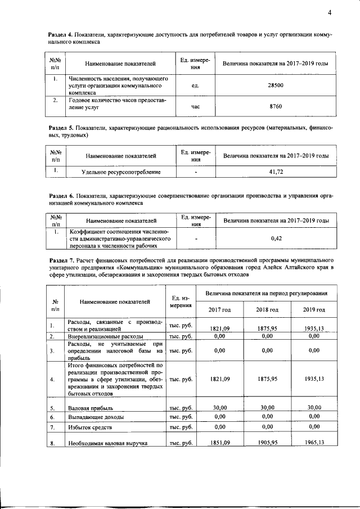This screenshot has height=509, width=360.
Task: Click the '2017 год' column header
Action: pos(219,310)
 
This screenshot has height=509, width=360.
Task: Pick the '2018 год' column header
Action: pos(267,310)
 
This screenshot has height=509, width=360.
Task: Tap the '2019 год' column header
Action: pos(314,310)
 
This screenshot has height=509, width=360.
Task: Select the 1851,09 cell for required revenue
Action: pos(219,443)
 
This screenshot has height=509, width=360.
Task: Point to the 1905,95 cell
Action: pos(267,443)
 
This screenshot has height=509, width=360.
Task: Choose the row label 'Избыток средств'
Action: pos(91,428)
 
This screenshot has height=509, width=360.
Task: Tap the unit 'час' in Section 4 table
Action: pos(195,105)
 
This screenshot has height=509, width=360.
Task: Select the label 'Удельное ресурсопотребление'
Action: pos(121,172)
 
